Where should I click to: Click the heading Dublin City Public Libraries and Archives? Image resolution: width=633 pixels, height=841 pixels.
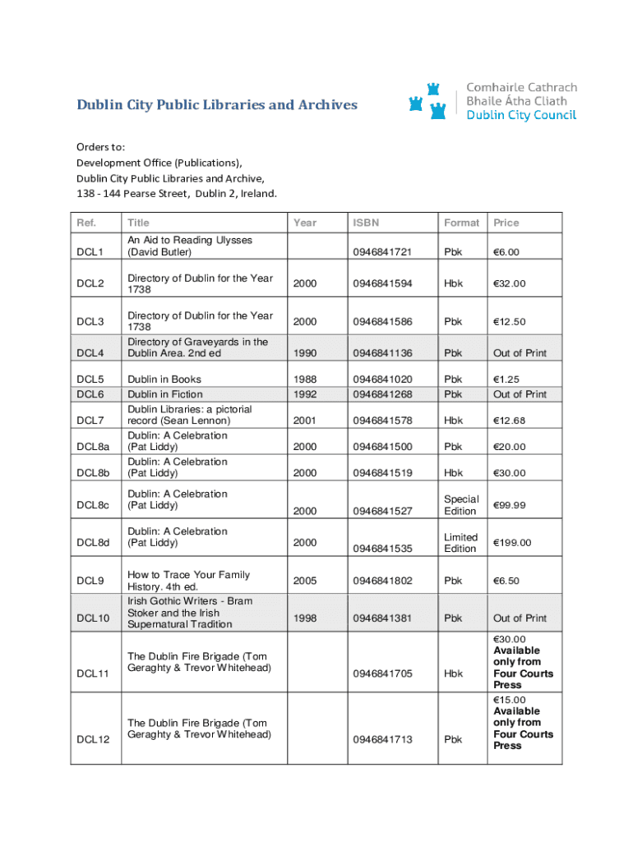pyautogui.click(x=217, y=105)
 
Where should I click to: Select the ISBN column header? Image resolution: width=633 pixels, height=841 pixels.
pyautogui.click(x=366, y=223)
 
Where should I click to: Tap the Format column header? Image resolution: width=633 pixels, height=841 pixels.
pyautogui.click(x=461, y=223)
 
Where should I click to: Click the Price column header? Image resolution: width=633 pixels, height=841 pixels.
pyautogui.click(x=506, y=223)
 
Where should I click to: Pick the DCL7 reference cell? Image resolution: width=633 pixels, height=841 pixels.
pyautogui.click(x=90, y=420)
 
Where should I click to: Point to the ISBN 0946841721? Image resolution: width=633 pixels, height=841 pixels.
pyautogui.click(x=382, y=251)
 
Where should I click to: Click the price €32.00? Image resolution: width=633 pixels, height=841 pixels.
pyautogui.click(x=509, y=283)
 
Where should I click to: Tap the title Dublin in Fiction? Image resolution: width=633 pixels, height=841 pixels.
pyautogui.click(x=164, y=394)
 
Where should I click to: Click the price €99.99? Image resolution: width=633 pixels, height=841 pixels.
pyautogui.click(x=511, y=505)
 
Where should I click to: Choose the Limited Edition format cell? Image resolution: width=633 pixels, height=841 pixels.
pyautogui.click(x=460, y=543)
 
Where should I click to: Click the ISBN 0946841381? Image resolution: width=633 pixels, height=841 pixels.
pyautogui.click(x=382, y=618)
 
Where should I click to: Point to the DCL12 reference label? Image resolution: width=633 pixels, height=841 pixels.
pyautogui.click(x=93, y=739)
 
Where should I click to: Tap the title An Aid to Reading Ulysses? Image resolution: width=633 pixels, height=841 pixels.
pyautogui.click(x=189, y=246)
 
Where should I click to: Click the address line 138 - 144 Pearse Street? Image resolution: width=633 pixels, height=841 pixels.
pyautogui.click(x=177, y=194)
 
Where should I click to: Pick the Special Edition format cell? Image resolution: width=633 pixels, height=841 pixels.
pyautogui.click(x=461, y=505)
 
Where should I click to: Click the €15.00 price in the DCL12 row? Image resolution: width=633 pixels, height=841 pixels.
pyautogui.click(x=510, y=700)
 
